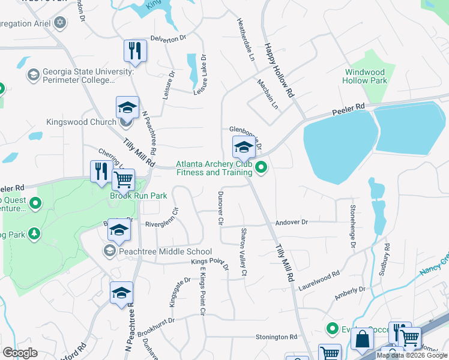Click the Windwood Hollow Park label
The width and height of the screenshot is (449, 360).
click(x=365, y=76)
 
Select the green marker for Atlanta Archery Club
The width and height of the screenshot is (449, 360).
click(x=261, y=167)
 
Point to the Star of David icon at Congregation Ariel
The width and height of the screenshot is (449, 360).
click(x=59, y=23)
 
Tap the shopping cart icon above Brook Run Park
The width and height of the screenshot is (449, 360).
click(x=123, y=179)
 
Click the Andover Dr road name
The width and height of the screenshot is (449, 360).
click(x=291, y=222)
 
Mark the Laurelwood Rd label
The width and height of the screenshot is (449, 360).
click(x=319, y=281)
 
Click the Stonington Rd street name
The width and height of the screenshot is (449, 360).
click(x=277, y=337)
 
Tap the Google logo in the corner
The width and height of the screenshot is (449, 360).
click(x=20, y=353)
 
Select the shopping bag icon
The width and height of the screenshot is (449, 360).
click(x=363, y=339)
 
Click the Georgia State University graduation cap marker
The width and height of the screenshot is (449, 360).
click(x=32, y=74)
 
